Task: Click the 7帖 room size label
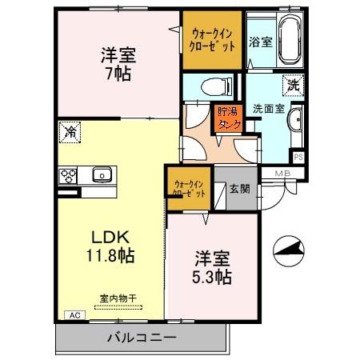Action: point(118,73)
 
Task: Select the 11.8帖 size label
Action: point(110,257)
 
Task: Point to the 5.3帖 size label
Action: point(213,278)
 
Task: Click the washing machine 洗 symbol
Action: point(291,82)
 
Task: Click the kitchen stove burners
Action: point(68,176)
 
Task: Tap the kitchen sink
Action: point(102,175)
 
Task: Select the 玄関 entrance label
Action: point(239,190)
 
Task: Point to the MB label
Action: point(282,174)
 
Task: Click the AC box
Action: point(75,314)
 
